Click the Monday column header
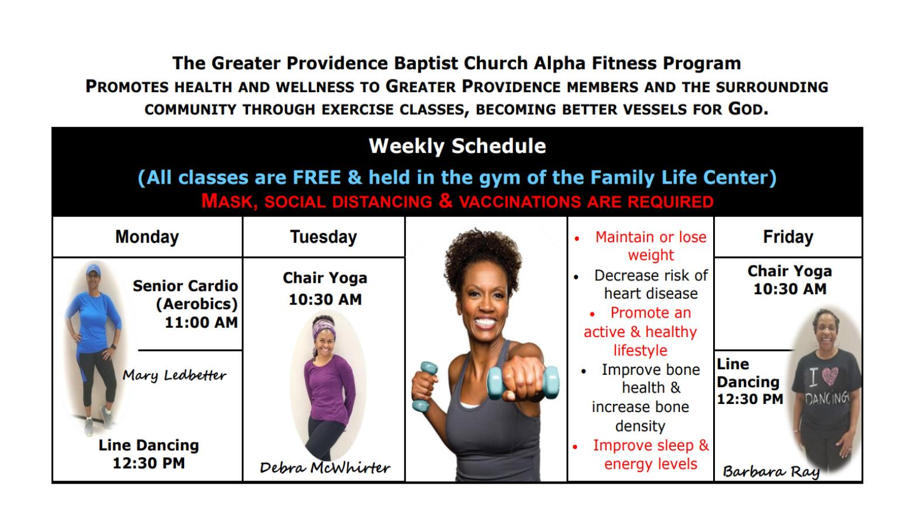coord(147,237)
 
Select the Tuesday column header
coord(324,237)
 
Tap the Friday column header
coord(788,237)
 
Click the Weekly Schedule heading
coord(457,146)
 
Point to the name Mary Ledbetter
coord(174,375)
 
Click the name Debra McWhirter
coord(325,468)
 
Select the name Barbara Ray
coord(771,472)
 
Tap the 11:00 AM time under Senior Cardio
coord(201,323)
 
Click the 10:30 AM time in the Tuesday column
coord(325,300)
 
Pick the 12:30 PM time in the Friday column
coord(750,399)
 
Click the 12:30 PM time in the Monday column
coord(149,463)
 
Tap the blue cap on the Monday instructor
coord(93,270)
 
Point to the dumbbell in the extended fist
coord(524,383)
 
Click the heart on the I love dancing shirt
coord(830,376)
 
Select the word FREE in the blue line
coord(317,177)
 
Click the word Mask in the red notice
coord(229,201)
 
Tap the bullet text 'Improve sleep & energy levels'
coord(651,454)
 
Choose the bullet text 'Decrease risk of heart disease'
coord(651,284)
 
